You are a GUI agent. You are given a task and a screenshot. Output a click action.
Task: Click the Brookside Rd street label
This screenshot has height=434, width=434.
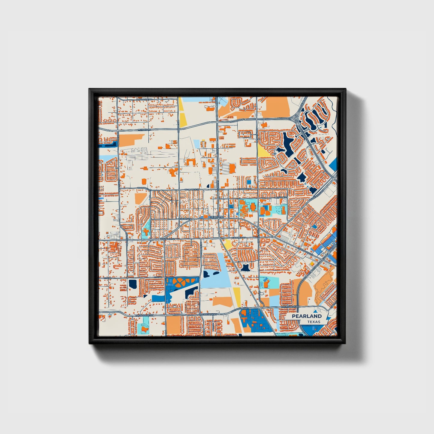(144, 99)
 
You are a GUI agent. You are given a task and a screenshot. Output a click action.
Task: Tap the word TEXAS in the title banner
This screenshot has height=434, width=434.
(314, 322)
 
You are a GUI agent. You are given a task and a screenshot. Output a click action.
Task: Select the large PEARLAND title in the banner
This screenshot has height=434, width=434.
(306, 316)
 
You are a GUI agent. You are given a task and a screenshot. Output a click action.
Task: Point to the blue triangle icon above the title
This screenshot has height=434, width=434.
(315, 311)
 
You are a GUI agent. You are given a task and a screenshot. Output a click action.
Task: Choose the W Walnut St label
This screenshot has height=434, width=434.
(167, 239)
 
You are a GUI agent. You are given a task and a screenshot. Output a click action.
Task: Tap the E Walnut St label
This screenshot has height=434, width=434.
(239, 238)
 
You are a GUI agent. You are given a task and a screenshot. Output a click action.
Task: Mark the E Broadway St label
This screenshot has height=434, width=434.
(306, 253)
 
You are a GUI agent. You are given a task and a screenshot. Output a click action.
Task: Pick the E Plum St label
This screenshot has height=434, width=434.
(281, 198)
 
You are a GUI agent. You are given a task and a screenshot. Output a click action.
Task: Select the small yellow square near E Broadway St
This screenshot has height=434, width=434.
(312, 263)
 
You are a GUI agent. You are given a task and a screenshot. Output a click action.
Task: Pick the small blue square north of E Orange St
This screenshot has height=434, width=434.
(249, 182)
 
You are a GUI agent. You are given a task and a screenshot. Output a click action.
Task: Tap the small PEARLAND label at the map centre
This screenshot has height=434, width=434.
(217, 217)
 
